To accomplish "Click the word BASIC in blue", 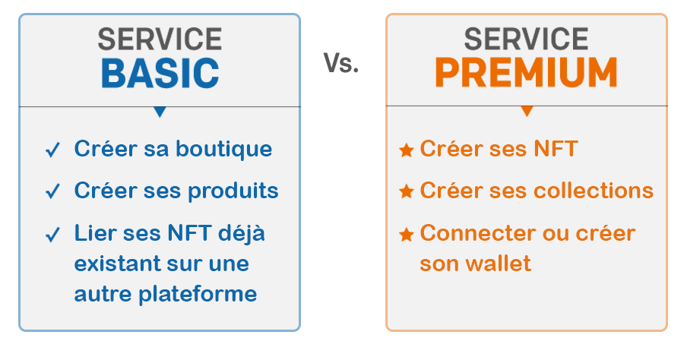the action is click(x=160, y=73).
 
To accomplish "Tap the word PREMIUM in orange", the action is click(x=527, y=72).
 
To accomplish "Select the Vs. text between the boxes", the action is click(x=341, y=63).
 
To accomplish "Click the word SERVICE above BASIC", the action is click(x=160, y=39).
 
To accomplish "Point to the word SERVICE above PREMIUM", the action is click(x=526, y=39).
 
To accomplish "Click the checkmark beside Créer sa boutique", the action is click(x=52, y=150).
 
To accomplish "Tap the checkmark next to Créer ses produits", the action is click(x=52, y=191).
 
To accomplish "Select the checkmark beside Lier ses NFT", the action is click(x=52, y=234).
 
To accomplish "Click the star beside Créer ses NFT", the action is click(x=407, y=150).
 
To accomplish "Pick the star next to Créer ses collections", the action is click(x=407, y=191).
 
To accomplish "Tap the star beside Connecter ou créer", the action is click(x=407, y=234).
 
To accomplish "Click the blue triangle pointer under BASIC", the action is click(x=160, y=112).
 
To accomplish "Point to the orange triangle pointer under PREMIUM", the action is click(x=527, y=111).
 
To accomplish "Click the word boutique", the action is click(x=224, y=150).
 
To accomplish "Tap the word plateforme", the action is click(x=198, y=294).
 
